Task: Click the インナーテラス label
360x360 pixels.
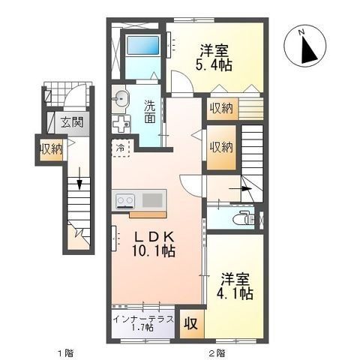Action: [143, 319]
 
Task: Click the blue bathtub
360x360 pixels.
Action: [142, 49]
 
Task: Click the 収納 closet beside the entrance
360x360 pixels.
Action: [51, 148]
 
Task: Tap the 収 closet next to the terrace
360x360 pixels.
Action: [192, 323]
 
